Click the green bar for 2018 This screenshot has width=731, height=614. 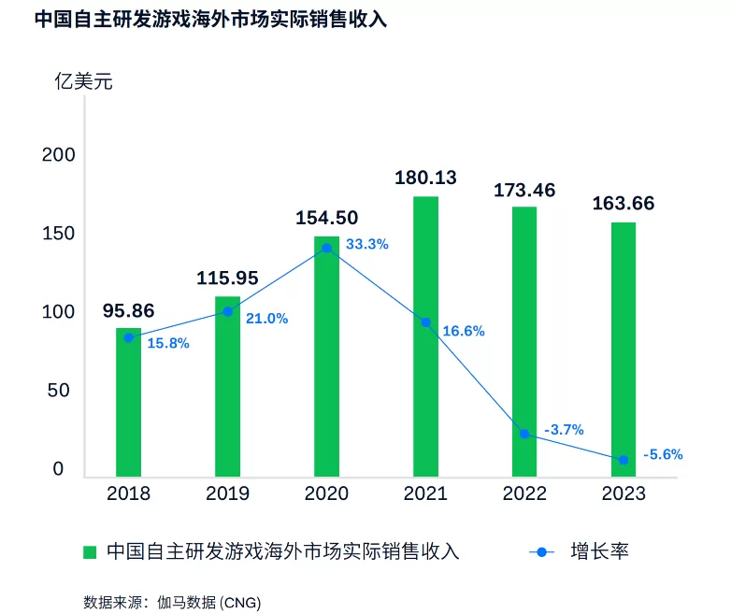128,402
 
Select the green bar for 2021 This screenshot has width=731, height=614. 425,336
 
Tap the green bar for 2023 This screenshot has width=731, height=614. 623,350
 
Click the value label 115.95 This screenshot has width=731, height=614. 227,278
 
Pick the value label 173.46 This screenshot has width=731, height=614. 524,191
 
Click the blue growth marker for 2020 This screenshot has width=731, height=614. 326,248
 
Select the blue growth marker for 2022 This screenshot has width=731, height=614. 524,434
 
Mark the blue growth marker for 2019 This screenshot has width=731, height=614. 227,311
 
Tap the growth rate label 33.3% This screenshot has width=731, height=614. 366,244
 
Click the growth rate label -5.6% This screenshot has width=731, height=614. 663,455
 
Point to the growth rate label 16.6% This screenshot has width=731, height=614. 464,332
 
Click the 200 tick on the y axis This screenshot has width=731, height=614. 57,154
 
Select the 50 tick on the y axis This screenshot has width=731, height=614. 57,390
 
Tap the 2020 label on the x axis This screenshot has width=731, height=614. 326,493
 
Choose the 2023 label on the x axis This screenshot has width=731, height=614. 623,493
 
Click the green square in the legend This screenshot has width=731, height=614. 91,551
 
